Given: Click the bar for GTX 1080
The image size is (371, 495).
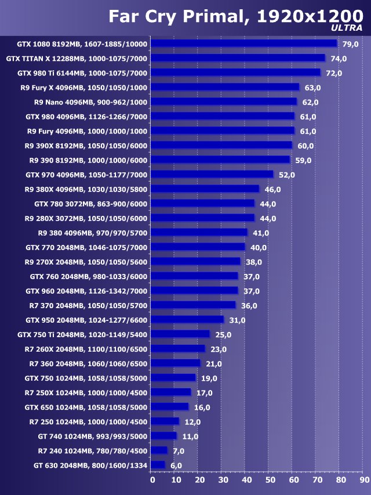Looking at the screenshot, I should (243, 44).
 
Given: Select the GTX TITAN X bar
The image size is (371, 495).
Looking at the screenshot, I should (238, 58).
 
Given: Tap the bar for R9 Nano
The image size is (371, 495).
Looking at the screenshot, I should (224, 102).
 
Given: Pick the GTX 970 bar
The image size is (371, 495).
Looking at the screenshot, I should (212, 174).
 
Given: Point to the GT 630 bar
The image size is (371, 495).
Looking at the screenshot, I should (158, 465).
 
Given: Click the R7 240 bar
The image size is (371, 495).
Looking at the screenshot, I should (159, 450).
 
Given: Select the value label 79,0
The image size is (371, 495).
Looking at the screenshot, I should (350, 44).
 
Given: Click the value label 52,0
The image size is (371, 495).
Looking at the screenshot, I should (286, 175).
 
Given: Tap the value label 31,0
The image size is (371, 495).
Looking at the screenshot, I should (237, 320).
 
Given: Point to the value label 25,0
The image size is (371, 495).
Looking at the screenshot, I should (223, 335).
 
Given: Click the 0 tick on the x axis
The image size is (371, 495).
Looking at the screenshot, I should (152, 480).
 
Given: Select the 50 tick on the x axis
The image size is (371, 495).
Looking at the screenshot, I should (270, 480).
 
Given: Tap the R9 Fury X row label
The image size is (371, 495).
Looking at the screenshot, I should (83, 88).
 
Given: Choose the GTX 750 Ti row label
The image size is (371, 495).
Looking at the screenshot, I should (82, 335).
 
